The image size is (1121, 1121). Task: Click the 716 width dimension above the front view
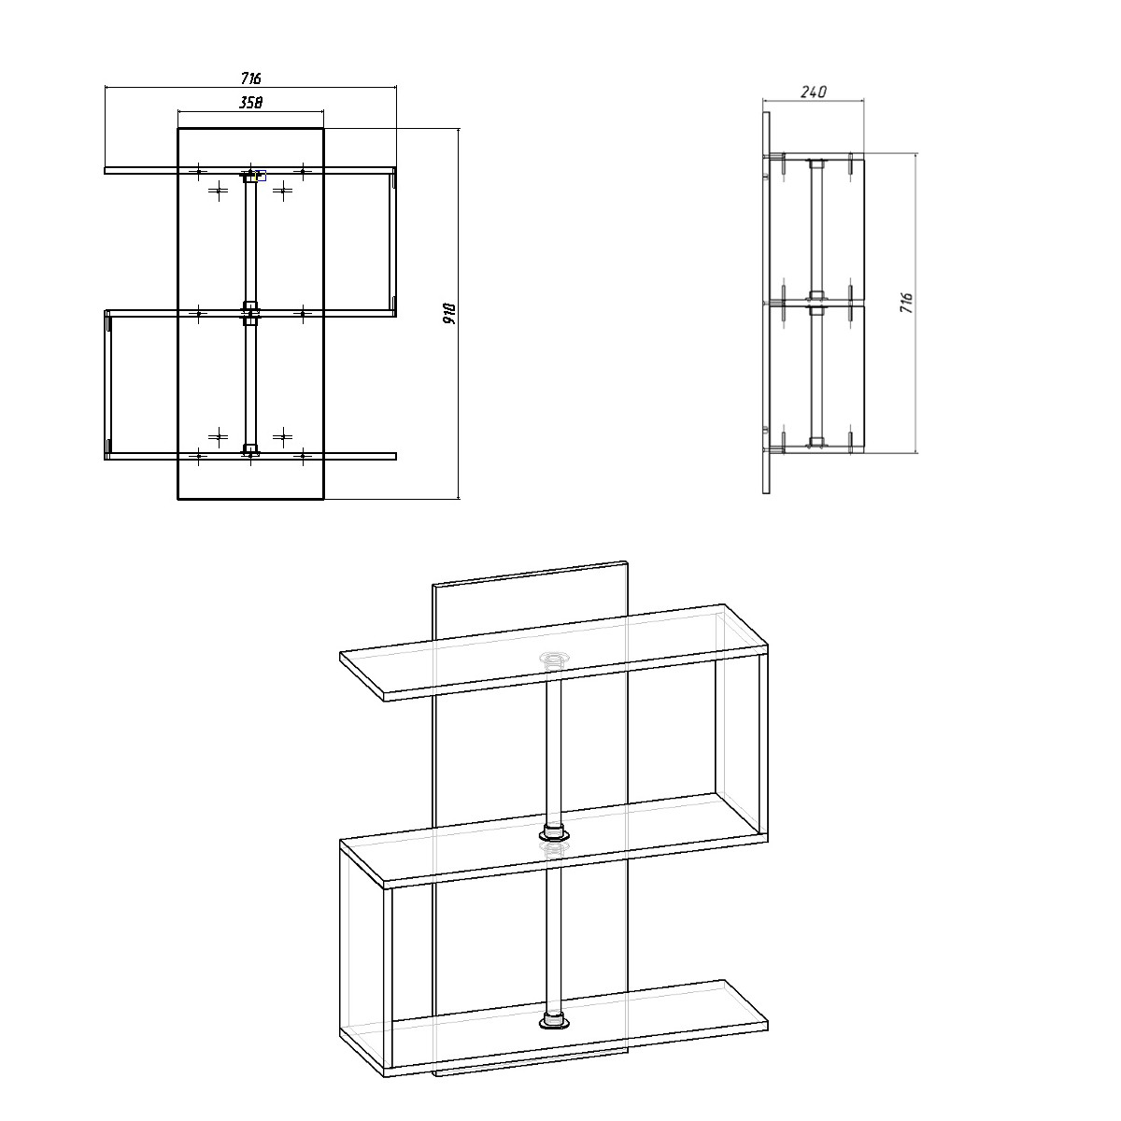click(x=250, y=78)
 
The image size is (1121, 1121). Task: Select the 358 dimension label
click(x=250, y=103)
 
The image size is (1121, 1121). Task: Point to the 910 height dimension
click(x=449, y=314)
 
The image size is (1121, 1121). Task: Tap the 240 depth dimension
click(x=814, y=92)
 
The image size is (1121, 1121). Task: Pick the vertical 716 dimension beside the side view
click(x=906, y=303)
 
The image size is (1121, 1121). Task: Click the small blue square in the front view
click(x=262, y=176)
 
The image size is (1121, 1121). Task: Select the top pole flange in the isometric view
click(x=554, y=660)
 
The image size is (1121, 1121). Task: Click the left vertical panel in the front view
click(x=107, y=385)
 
